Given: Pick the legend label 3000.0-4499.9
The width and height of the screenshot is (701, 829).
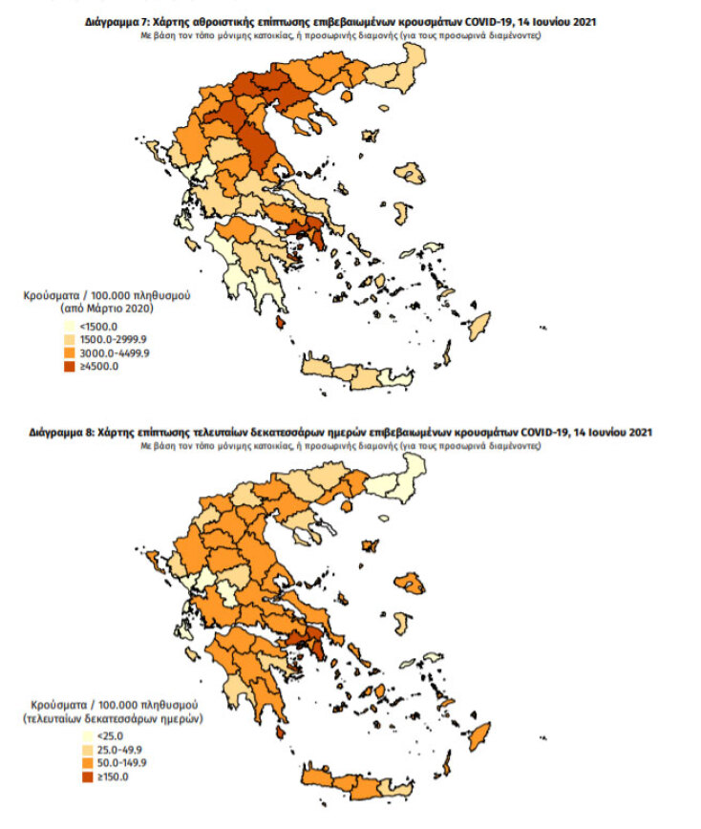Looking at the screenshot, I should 112,353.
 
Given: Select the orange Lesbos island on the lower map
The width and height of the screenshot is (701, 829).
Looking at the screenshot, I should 414,583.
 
